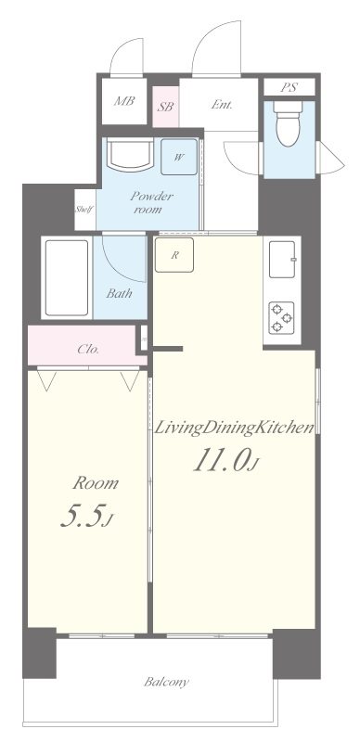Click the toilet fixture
click(289, 122)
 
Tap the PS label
click(289, 87)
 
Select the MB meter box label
click(124, 101)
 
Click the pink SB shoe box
click(165, 107)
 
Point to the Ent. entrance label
click(222, 105)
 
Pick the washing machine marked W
click(179, 157)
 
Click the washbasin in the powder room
click(130, 154)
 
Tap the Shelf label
click(84, 210)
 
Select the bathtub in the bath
click(67, 277)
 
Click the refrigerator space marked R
click(174, 255)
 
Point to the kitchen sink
click(282, 260)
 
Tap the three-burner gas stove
click(281, 317)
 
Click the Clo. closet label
click(88, 350)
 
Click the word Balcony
click(166, 682)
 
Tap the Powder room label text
click(148, 202)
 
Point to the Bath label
click(119, 293)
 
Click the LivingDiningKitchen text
click(235, 428)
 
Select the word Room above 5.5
click(96, 483)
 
